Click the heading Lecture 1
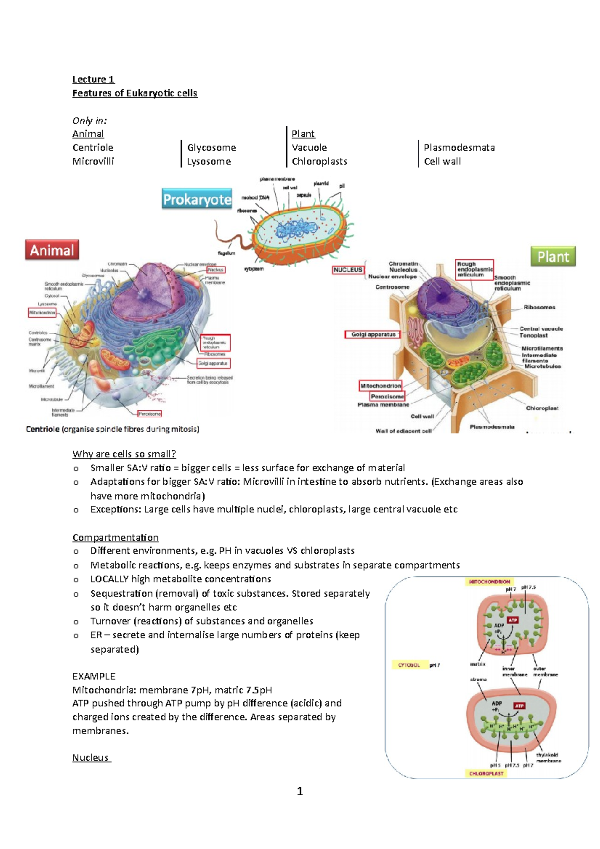pos(93,79)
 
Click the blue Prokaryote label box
pos(197,199)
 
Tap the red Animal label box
pos(52,250)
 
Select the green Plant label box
pos(553,257)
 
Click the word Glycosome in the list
pos(211,148)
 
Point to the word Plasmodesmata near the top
pos(459,148)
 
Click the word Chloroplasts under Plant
pos(319,161)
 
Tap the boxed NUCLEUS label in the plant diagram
pos(348,270)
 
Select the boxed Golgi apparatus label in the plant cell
pos(373,334)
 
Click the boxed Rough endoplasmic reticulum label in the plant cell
pos(474,269)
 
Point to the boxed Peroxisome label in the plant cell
pos(387,396)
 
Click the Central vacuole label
pos(541,329)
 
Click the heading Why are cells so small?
pos(124,454)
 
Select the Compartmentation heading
pos(115,537)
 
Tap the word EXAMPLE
pos(94,676)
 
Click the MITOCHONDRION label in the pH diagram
pos(489,582)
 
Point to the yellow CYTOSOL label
pos(409,665)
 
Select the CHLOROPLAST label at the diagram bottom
pos(486,773)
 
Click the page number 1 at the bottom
pos(300,791)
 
